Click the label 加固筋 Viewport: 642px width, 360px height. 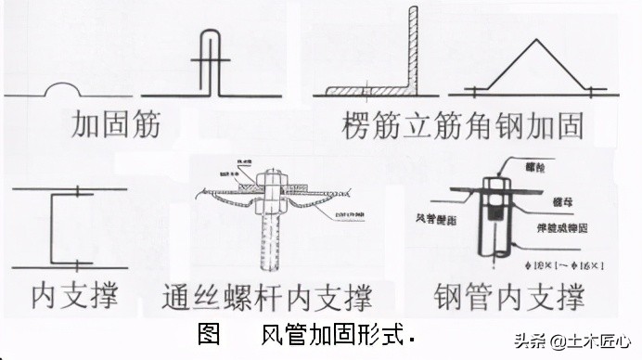[x=116, y=124]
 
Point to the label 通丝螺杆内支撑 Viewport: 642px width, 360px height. [x=266, y=298]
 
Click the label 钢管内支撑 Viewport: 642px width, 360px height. [x=509, y=298]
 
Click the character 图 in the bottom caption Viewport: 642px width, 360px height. [x=209, y=334]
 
